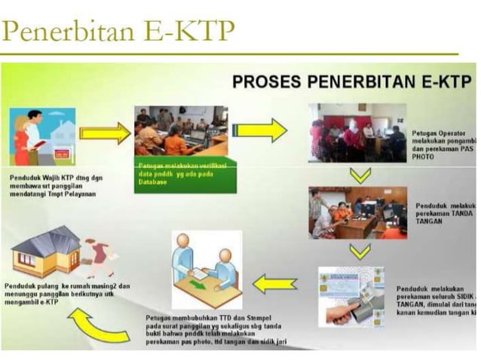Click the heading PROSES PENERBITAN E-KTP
(x=351, y=81)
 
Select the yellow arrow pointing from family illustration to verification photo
(x=105, y=134)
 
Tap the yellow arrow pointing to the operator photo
(x=260, y=130)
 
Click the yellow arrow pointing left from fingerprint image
(x=274, y=285)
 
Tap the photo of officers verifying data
(x=181, y=130)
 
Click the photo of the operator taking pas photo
(x=357, y=133)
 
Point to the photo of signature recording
(x=357, y=213)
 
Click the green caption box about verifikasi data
(x=185, y=174)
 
